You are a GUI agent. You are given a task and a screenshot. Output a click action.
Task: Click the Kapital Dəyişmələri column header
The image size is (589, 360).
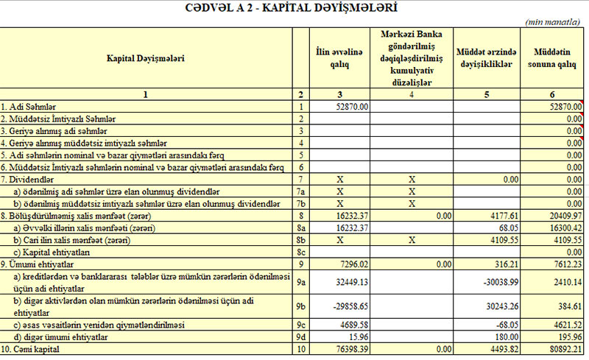(146, 57)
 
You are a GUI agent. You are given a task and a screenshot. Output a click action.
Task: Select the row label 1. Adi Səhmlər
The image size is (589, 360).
(29, 107)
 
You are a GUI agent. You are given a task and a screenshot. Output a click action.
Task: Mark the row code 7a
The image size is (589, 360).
(300, 191)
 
